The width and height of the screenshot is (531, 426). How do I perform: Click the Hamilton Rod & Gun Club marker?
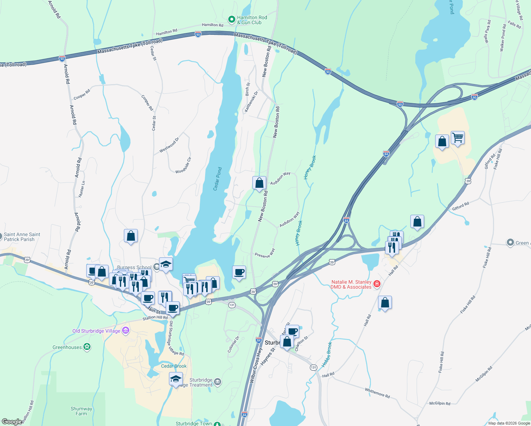[x=232, y=20]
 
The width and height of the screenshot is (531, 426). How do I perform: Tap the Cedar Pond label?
[x=217, y=179]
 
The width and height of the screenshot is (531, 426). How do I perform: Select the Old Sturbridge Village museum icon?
[x=125, y=331]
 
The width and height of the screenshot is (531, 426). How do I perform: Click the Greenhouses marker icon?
[x=87, y=347]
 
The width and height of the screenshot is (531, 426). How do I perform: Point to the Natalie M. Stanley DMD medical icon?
[x=377, y=284]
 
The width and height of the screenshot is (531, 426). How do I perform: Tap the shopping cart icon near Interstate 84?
[x=458, y=137]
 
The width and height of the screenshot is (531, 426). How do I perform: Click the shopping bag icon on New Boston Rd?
[x=259, y=183]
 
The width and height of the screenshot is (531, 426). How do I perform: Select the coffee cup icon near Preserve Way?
[x=239, y=272]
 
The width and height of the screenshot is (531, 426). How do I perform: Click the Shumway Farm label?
[x=81, y=411]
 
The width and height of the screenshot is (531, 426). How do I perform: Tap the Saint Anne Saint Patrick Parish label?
[x=22, y=237]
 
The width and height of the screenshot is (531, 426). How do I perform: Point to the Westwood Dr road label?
[x=169, y=145]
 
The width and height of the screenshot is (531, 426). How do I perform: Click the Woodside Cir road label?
[x=183, y=165]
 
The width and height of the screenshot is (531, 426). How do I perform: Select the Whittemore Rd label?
[x=377, y=393]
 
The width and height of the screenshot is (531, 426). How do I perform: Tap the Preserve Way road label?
[x=265, y=253]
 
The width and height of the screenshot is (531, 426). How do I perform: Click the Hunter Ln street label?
[x=82, y=189]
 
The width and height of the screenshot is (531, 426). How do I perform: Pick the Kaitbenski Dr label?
[x=251, y=102]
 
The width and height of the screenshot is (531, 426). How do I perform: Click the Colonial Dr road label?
[x=234, y=344]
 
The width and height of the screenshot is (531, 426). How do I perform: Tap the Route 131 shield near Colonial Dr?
[x=232, y=305]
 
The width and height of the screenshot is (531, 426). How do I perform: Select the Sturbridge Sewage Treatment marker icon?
[x=218, y=382]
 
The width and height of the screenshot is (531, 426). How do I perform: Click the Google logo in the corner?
[x=12, y=422]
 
